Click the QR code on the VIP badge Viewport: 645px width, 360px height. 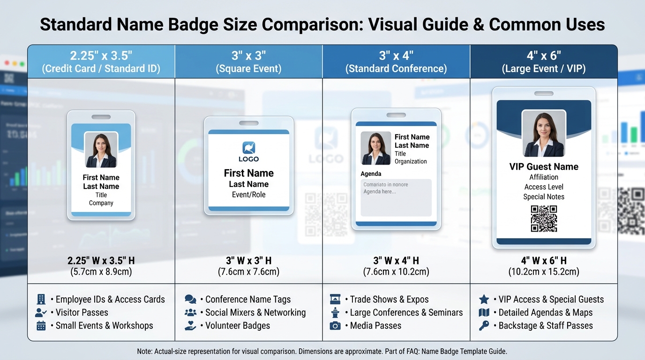pyautogui.click(x=544, y=218)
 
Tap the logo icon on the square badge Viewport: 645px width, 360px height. pyautogui.click(x=248, y=148)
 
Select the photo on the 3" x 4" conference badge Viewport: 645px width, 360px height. pyautogui.click(x=375, y=148)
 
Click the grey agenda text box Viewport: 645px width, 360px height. pyautogui.click(x=396, y=197)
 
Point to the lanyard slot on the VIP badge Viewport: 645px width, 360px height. pyautogui.click(x=544, y=94)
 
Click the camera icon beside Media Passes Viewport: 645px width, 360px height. pyautogui.click(x=335, y=326)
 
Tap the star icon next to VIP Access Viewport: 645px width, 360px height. pyautogui.click(x=484, y=300)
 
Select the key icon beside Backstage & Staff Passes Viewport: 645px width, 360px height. pyautogui.click(x=484, y=326)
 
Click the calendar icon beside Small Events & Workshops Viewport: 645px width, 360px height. pyautogui.click(x=41, y=326)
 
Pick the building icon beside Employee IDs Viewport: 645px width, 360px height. pyautogui.click(x=41, y=300)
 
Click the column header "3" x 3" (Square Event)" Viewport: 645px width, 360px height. pyautogui.click(x=248, y=62)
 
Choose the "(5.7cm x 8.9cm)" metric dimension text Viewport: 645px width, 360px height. pyautogui.click(x=101, y=272)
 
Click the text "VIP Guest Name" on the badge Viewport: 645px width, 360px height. pyautogui.click(x=544, y=167)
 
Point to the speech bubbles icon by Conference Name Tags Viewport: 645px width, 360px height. pyautogui.click(x=190, y=300)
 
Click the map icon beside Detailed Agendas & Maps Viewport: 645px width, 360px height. pyautogui.click(x=484, y=313)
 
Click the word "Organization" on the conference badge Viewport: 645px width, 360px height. pyautogui.click(x=411, y=162)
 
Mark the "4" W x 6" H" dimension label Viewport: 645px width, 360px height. pyautogui.click(x=544, y=261)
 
